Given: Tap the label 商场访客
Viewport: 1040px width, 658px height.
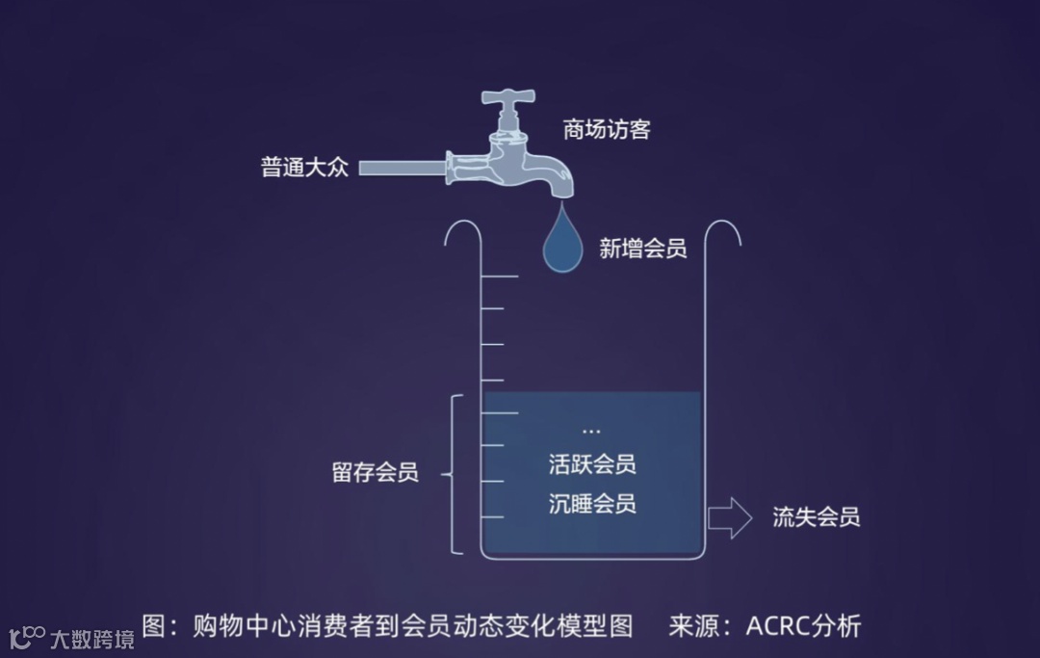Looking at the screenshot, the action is [607, 129].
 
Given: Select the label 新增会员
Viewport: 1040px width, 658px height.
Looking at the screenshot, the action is [643, 249].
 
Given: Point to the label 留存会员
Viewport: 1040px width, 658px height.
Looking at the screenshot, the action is [375, 473].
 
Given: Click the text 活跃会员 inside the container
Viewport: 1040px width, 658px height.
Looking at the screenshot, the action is [592, 464].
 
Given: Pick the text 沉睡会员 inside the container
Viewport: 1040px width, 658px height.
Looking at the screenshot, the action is [592, 504].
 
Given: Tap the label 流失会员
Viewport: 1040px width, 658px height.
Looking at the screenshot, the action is [816, 517].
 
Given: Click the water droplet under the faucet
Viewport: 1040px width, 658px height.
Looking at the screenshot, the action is [563, 244].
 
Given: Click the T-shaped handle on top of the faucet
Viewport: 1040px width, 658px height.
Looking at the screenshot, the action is [507, 100].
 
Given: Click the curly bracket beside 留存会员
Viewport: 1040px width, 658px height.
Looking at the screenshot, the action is [455, 474].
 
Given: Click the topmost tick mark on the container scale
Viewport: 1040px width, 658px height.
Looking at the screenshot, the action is [500, 277].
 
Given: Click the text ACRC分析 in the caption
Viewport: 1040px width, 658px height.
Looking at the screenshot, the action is [803, 626].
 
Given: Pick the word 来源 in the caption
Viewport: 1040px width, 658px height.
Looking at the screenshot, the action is [695, 626].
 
